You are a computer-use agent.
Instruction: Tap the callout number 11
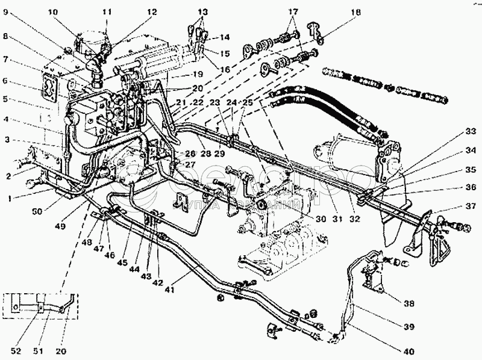[107, 11]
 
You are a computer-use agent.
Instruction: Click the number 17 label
[293, 11]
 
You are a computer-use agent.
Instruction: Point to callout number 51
[42, 350]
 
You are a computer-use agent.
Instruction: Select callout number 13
[202, 11]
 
